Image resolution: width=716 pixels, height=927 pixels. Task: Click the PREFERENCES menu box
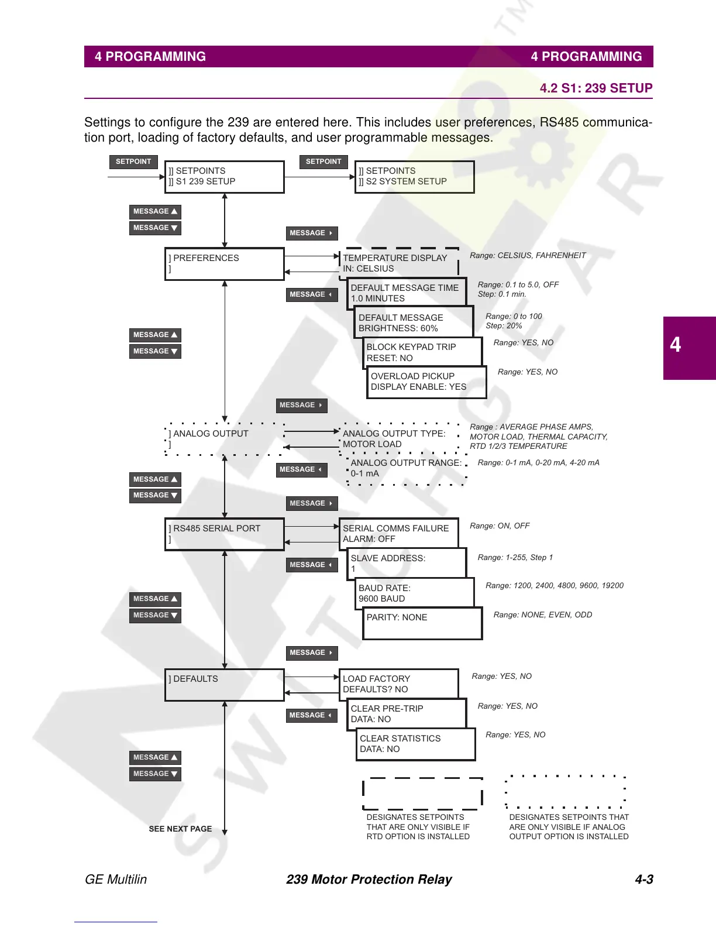(x=224, y=264)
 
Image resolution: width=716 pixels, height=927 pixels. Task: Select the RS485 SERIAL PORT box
(x=224, y=534)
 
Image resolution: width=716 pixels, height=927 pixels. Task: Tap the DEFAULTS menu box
(x=224, y=685)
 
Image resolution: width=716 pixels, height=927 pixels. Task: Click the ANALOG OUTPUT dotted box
(x=224, y=439)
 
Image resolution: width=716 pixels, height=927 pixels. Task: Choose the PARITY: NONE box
(x=422, y=623)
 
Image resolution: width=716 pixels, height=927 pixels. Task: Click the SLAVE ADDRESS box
(x=407, y=564)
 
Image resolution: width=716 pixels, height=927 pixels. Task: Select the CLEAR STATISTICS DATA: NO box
(x=415, y=744)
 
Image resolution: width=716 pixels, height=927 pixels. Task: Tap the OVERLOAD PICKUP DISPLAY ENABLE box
(x=426, y=382)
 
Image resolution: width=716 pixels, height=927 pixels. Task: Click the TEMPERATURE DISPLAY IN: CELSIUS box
(x=399, y=263)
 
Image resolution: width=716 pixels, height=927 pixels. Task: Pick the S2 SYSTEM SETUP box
(x=414, y=177)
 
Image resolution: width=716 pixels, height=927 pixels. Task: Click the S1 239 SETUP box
(x=224, y=177)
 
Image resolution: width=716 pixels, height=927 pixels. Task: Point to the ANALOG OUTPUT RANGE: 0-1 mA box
(x=407, y=468)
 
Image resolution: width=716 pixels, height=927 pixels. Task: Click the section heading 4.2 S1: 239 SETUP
(x=595, y=88)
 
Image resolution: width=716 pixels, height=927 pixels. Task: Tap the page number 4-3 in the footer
(x=643, y=879)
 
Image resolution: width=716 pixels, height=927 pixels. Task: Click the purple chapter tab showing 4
(x=689, y=348)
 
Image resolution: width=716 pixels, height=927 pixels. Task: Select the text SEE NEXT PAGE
(x=180, y=829)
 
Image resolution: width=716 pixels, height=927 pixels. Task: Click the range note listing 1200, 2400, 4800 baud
(x=554, y=585)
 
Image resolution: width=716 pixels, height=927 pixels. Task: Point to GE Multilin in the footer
(x=116, y=879)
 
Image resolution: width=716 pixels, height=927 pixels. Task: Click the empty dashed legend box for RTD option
(x=422, y=794)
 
